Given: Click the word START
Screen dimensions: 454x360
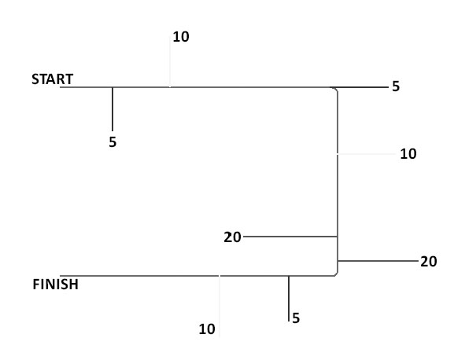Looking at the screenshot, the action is (x=52, y=79).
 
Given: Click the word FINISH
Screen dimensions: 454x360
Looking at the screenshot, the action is (x=55, y=285).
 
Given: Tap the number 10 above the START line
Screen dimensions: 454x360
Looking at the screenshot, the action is (x=181, y=37).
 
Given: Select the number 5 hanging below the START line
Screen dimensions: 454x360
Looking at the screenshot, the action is (x=113, y=142).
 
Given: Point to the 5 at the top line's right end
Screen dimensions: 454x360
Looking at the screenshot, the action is (x=396, y=86).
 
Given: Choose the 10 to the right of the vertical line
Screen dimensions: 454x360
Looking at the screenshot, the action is (x=408, y=154).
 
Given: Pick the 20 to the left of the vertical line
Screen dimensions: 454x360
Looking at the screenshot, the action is (x=232, y=237).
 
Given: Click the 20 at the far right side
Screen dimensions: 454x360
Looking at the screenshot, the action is (x=429, y=262).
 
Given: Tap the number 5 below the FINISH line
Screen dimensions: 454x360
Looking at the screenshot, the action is (x=296, y=318).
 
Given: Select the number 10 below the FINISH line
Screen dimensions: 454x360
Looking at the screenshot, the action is (x=207, y=329).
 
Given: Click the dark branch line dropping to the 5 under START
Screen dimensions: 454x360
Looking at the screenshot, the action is (x=113, y=109).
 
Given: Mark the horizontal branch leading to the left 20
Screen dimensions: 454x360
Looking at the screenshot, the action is (x=290, y=237).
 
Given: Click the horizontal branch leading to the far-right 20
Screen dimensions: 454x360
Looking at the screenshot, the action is (x=378, y=261).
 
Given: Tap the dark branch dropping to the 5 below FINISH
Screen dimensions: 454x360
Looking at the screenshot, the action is (x=289, y=299).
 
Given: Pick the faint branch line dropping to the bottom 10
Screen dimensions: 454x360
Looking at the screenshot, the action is (x=220, y=307).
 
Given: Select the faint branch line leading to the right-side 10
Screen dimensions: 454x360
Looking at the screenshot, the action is (x=367, y=154).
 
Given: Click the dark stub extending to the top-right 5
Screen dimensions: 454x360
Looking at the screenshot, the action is (x=359, y=86).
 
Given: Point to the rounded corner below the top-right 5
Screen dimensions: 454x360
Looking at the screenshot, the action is (x=336, y=90).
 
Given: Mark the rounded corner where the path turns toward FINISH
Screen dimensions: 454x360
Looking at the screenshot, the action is (x=336, y=274).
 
